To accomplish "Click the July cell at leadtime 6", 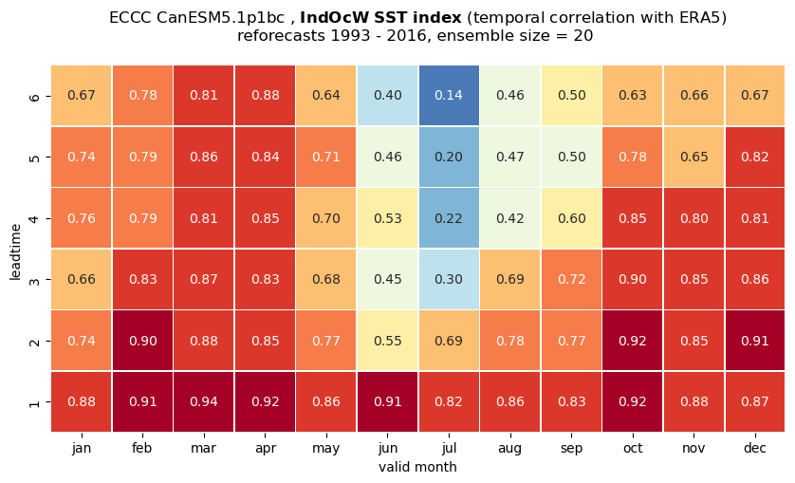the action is tap(449, 96).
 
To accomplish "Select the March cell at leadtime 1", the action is tap(204, 401).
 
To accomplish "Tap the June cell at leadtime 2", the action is tap(388, 341).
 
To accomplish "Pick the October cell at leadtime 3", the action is tap(633, 279).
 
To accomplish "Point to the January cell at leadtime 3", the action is tap(82, 279).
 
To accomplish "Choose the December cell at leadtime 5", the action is tap(755, 157).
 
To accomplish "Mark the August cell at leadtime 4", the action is tap(510, 218).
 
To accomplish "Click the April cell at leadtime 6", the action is tap(266, 96).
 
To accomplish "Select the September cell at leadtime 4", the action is tap(571, 218).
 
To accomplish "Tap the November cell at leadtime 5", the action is tap(693, 157).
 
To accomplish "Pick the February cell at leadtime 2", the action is tap(143, 341).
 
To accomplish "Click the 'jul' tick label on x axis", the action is tap(449, 448).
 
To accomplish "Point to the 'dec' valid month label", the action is tap(755, 448).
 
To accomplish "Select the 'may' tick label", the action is tap(326, 449).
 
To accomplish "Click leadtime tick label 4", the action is tap(34, 218).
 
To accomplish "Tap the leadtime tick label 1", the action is tap(34, 402).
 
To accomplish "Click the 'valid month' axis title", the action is tap(417, 467).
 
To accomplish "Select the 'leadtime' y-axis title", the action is tap(15, 251).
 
